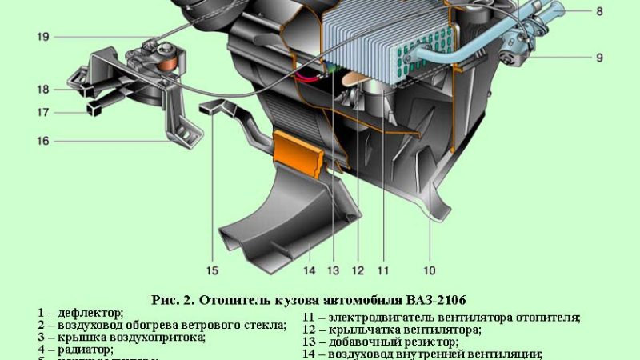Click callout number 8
tap(622, 11)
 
